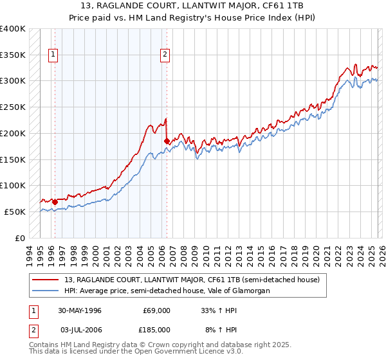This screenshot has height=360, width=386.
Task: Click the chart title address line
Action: pyautogui.click(x=193, y=6)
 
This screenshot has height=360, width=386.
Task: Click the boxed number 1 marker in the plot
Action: pyautogui.click(x=53, y=55)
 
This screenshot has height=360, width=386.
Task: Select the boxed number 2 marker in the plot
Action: pyautogui.click(x=165, y=55)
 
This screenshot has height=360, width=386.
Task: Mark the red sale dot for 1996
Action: pyautogui.click(x=55, y=202)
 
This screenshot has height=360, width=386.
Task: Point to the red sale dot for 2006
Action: pyautogui.click(x=167, y=141)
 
